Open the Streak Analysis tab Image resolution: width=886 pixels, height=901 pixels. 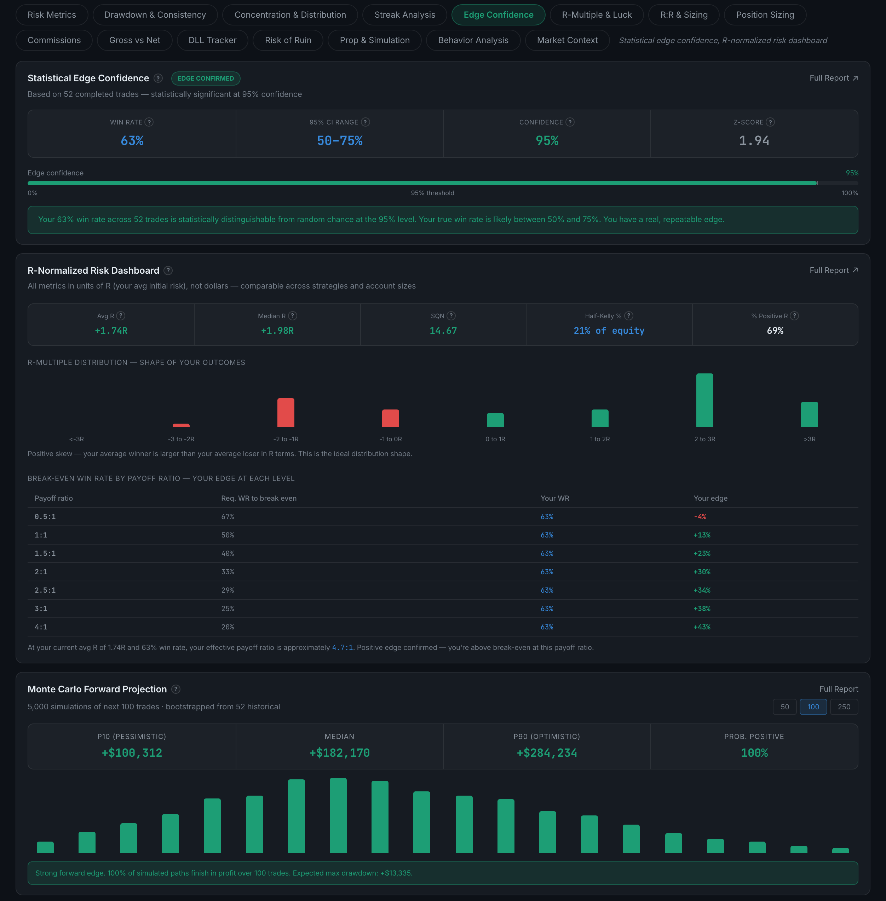pos(405,15)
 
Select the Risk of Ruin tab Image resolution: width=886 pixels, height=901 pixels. pos(288,40)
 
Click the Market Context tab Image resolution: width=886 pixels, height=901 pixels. pos(567,40)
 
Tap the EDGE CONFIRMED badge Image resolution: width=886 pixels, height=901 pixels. pos(206,78)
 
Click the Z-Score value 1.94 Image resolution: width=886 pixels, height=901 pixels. pos(754,140)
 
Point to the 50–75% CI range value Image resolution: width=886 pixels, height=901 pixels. pos(340,140)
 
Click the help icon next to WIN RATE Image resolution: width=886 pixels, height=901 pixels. pos(149,122)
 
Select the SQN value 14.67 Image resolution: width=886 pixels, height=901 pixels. pos(443,331)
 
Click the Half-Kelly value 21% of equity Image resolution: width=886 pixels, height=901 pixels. pos(609,331)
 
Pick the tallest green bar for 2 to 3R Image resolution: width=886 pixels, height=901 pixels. pos(704,400)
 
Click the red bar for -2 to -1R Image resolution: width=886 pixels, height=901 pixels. pos(286,413)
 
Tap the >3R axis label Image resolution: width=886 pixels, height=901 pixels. pos(809,439)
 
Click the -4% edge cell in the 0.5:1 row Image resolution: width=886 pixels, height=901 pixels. pos(700,517)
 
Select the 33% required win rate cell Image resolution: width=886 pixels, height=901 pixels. pos(228,572)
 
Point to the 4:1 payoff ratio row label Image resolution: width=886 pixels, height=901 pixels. pos(41,627)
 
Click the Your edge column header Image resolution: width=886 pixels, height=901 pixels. pos(710,498)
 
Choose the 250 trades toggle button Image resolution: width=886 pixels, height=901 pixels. pos(844,707)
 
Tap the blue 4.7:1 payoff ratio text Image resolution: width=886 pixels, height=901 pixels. pos(342,647)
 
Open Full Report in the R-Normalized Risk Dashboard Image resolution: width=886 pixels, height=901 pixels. pos(833,270)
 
